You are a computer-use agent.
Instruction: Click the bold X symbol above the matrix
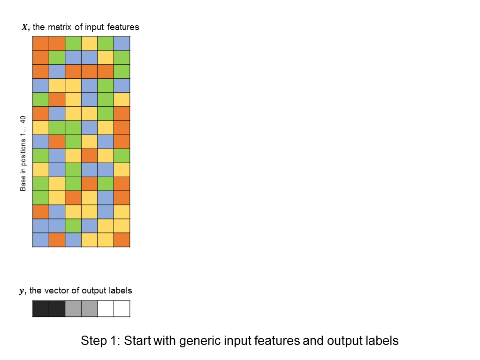click(x=25, y=27)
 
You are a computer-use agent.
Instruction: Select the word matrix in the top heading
click(x=60, y=27)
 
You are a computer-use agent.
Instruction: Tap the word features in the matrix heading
click(x=123, y=27)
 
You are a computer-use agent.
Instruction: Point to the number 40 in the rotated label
click(x=23, y=120)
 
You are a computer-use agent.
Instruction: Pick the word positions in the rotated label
click(x=23, y=152)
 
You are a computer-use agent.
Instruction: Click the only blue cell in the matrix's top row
click(x=122, y=44)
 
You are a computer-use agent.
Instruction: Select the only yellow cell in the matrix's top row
click(x=90, y=44)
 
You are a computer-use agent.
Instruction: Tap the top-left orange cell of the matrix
click(x=41, y=44)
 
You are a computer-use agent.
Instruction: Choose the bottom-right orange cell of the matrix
click(x=122, y=240)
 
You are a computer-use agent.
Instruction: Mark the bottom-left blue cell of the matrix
click(x=41, y=240)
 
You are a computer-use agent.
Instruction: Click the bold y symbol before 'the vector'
click(x=22, y=291)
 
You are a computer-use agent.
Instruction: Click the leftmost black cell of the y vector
click(x=41, y=308)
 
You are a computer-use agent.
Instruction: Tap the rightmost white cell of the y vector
click(x=122, y=308)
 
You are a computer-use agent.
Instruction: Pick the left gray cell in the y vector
click(x=73, y=308)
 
